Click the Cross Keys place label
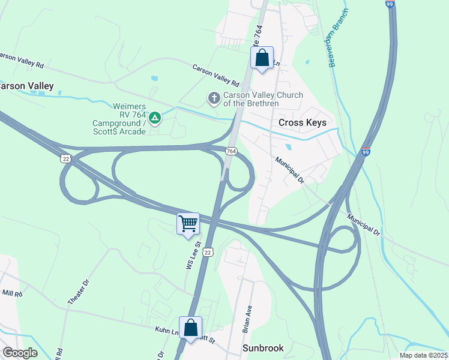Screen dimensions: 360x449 click(303, 122)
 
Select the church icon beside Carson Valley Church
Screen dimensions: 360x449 click(213, 97)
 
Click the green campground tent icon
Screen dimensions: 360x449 click(155, 118)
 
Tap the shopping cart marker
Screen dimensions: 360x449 click(188, 224)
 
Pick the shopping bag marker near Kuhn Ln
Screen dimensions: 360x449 click(190, 328)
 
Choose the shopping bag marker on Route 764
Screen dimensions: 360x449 click(262, 58)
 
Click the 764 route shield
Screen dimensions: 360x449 click(231, 151)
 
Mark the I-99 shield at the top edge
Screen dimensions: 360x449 click(390, 4)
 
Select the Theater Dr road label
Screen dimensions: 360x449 click(79, 291)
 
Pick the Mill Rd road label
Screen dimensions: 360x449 click(11, 294)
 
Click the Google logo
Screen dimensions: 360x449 click(20, 352)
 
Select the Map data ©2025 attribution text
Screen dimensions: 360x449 click(423, 355)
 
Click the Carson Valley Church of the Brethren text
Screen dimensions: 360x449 click(263, 99)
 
